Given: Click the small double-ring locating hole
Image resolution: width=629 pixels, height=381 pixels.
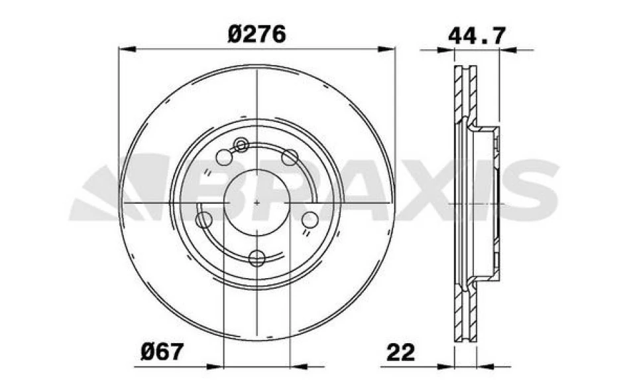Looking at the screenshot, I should (x=241, y=145).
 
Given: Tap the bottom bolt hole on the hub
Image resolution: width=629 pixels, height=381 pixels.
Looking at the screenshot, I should (x=257, y=258).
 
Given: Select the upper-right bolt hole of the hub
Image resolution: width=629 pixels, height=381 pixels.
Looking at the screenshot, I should (x=289, y=157).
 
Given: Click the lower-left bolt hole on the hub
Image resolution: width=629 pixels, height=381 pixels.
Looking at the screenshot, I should (x=204, y=220).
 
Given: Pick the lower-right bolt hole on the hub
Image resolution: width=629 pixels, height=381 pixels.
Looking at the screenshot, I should (x=310, y=219).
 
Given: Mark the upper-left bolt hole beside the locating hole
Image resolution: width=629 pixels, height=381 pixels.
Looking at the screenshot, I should (x=225, y=157).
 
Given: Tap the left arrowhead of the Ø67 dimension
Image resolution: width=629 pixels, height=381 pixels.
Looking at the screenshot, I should (x=216, y=364).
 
